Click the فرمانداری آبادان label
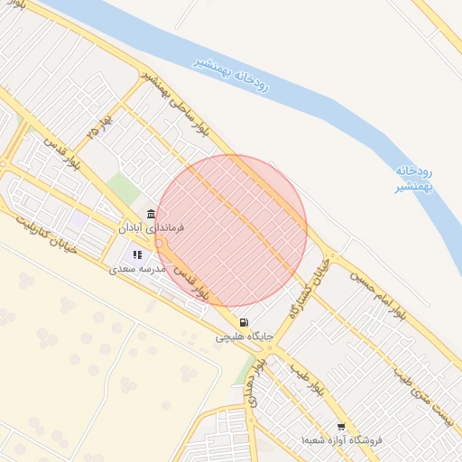pos(152,229)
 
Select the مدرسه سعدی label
pos(138,269)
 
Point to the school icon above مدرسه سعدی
pos(137,255)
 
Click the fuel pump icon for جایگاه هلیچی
pos(244,322)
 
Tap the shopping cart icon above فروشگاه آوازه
pos(341,427)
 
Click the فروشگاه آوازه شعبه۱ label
pos(341,440)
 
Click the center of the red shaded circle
pos(231,230)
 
